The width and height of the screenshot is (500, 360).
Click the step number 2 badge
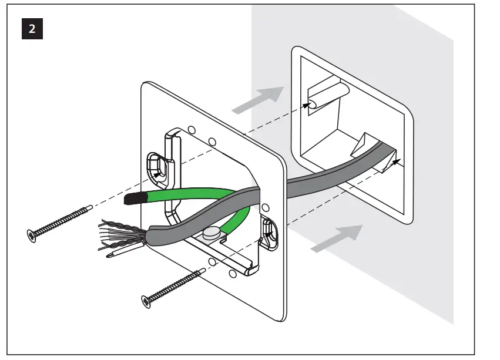tap(31, 29)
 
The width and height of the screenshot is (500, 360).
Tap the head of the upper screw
tap(31, 235)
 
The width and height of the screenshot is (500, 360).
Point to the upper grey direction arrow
tap(257, 99)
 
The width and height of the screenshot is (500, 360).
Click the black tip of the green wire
tap(135, 200)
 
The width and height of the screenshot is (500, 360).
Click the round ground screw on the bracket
tap(210, 234)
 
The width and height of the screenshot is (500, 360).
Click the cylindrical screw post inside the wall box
tap(329, 96)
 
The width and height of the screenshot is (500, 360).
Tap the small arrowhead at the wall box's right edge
tap(397, 159)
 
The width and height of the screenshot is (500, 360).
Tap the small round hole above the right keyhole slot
tap(266, 207)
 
